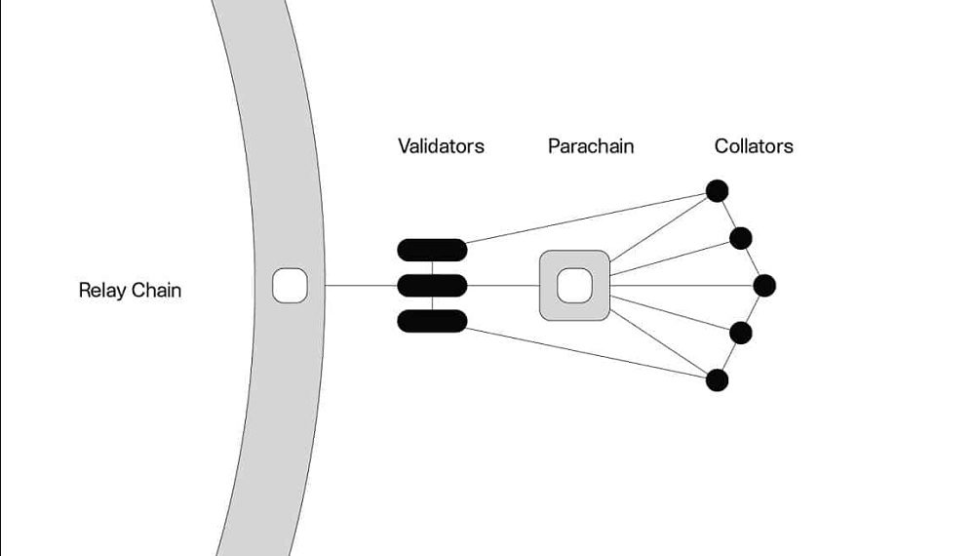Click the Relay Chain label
click(x=130, y=290)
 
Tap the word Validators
click(x=441, y=146)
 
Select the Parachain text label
click(x=591, y=146)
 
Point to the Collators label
click(x=754, y=146)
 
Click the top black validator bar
click(x=432, y=250)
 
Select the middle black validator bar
click(x=432, y=286)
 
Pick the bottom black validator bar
click(x=432, y=321)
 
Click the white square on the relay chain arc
click(x=291, y=286)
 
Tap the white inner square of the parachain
click(x=574, y=286)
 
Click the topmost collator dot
click(x=717, y=190)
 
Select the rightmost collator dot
click(x=764, y=286)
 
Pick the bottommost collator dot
click(x=717, y=380)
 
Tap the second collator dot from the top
click(x=741, y=238)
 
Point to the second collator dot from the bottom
click(x=741, y=333)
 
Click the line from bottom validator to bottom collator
click(x=585, y=353)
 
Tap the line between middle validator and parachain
click(x=503, y=286)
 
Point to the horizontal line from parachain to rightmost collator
click(x=682, y=286)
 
